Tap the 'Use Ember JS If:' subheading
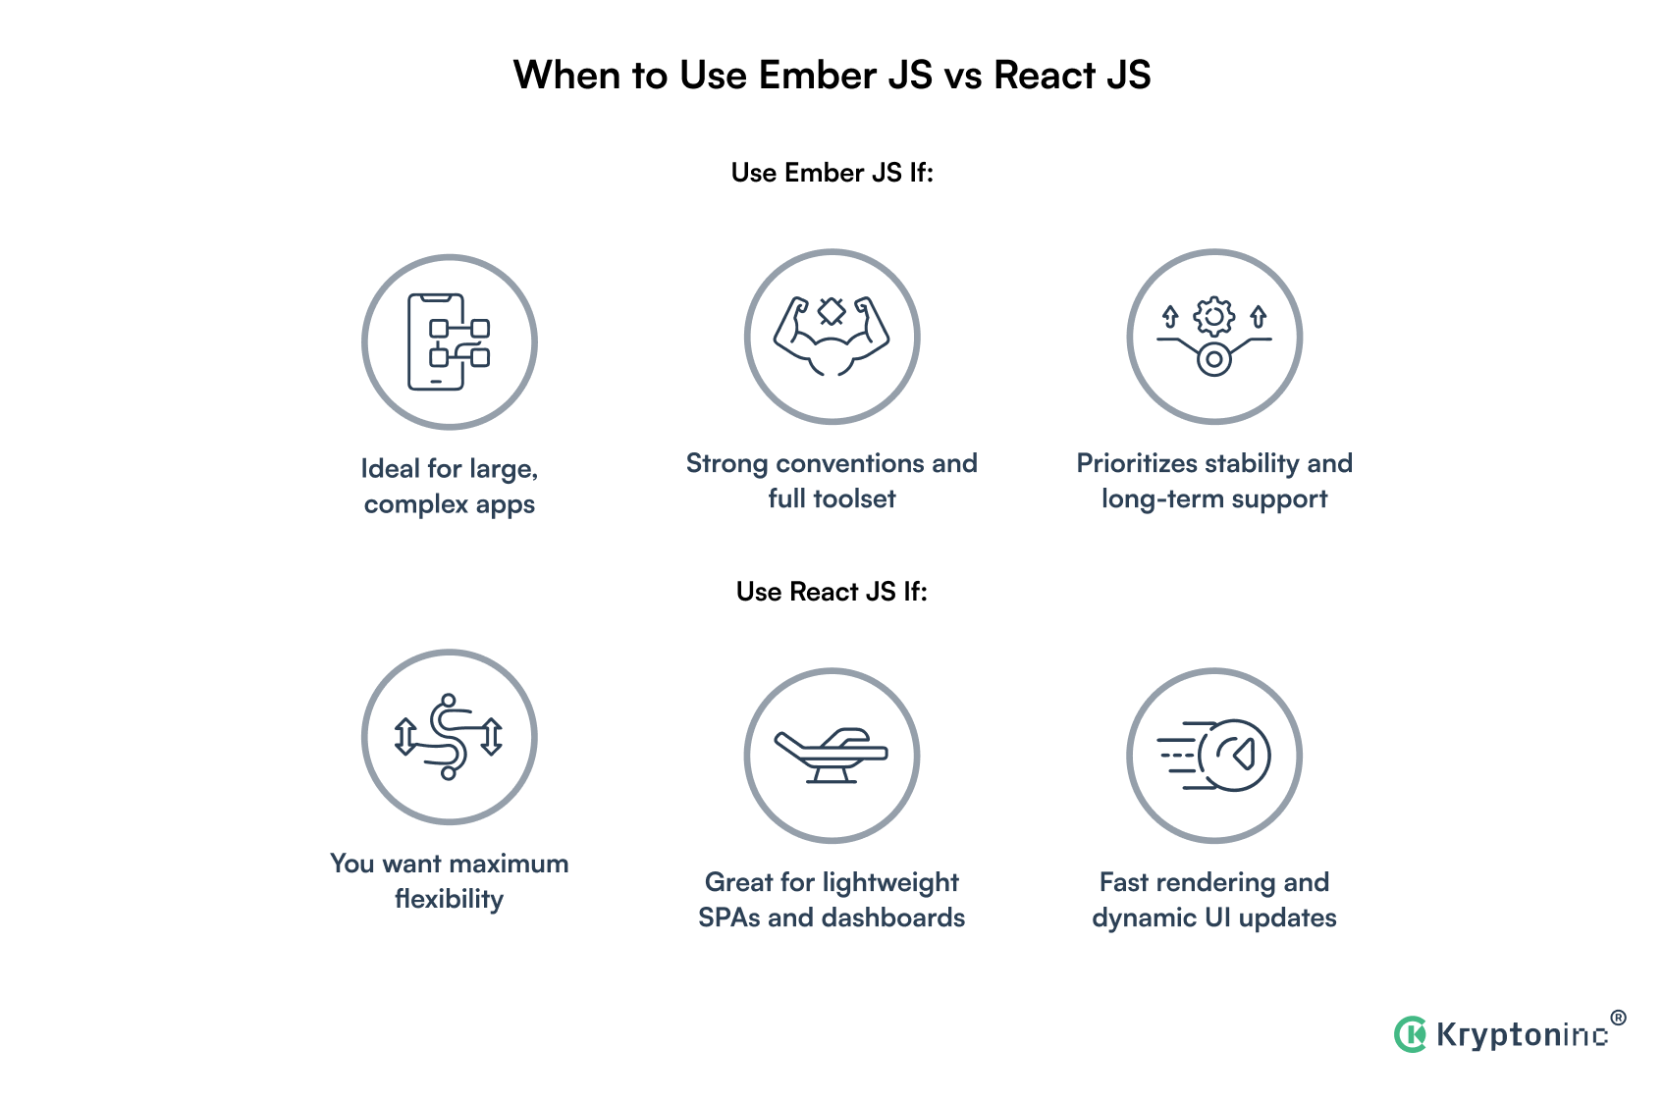[x=832, y=173]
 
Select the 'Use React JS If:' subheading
[x=832, y=592]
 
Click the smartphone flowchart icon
[x=449, y=342]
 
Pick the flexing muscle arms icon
[x=832, y=337]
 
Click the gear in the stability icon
[x=1214, y=316]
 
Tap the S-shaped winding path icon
[x=449, y=737]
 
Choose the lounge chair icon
[x=832, y=756]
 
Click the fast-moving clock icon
[x=1214, y=756]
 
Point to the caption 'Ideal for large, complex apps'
[x=449, y=486]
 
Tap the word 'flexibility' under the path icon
[x=449, y=899]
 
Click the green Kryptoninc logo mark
[x=1411, y=1034]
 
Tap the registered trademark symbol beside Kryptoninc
[x=1618, y=1018]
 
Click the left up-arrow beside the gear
[x=1170, y=316]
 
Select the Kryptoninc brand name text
[x=1522, y=1035]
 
